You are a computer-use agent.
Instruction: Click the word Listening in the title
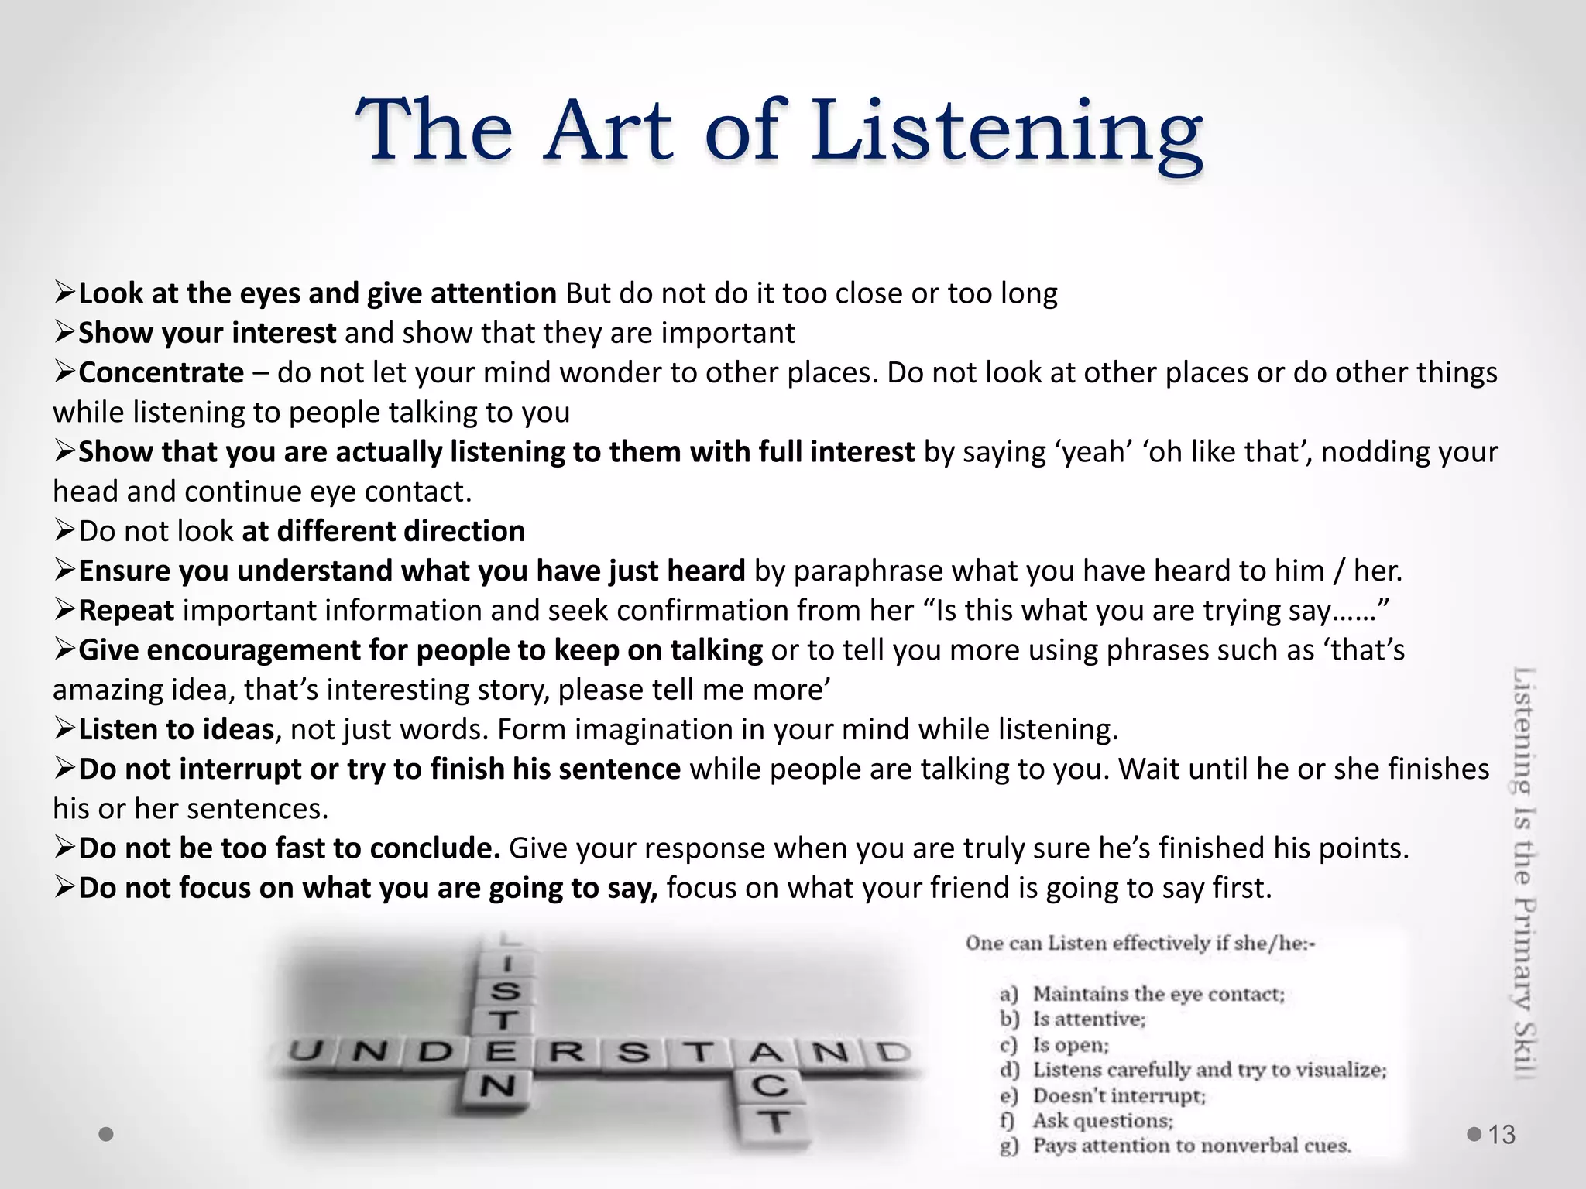(1007, 132)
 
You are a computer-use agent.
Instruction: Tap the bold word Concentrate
(161, 373)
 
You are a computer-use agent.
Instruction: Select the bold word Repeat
(126, 611)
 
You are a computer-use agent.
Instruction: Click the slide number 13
(1502, 1135)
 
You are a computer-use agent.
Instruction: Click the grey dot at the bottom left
(107, 1134)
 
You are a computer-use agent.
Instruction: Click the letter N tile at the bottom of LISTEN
(497, 1086)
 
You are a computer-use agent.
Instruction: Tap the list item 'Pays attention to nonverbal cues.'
(1192, 1146)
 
